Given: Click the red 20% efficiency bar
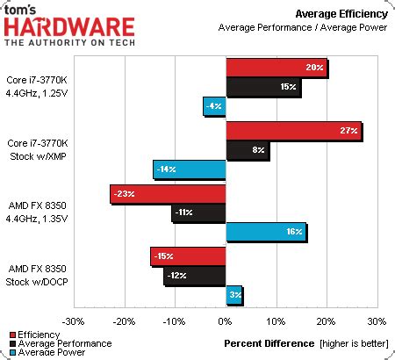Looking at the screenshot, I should click(x=276, y=68).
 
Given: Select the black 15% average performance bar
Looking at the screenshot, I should click(x=263, y=88).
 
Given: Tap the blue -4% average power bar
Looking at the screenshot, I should click(x=215, y=106).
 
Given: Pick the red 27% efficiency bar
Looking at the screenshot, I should click(x=293, y=131).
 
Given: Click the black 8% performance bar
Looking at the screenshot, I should click(x=248, y=150).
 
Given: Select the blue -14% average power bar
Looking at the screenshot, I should click(x=190, y=169).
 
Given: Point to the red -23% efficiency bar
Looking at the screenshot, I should click(x=169, y=194).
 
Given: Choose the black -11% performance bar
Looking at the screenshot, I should click(x=199, y=212).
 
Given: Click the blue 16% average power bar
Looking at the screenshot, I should click(x=266, y=232).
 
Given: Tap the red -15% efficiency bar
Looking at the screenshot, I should click(x=189, y=256).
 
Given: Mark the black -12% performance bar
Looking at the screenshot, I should click(x=196, y=276).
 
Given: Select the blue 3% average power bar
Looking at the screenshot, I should click(x=234, y=294).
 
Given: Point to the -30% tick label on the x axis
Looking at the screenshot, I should click(x=74, y=321).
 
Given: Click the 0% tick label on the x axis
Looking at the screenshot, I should click(x=226, y=321).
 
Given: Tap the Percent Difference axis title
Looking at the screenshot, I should click(x=269, y=342).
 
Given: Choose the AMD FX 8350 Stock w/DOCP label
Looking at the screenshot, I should click(x=37, y=275).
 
